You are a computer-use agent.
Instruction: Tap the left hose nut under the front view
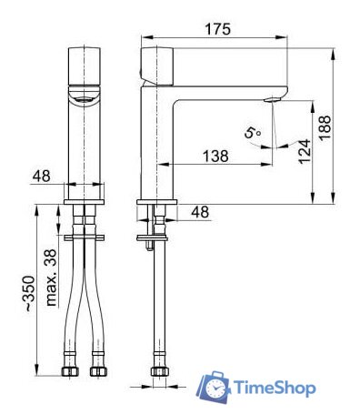click(x=70, y=372)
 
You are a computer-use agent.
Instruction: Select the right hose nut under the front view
click(x=99, y=372)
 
